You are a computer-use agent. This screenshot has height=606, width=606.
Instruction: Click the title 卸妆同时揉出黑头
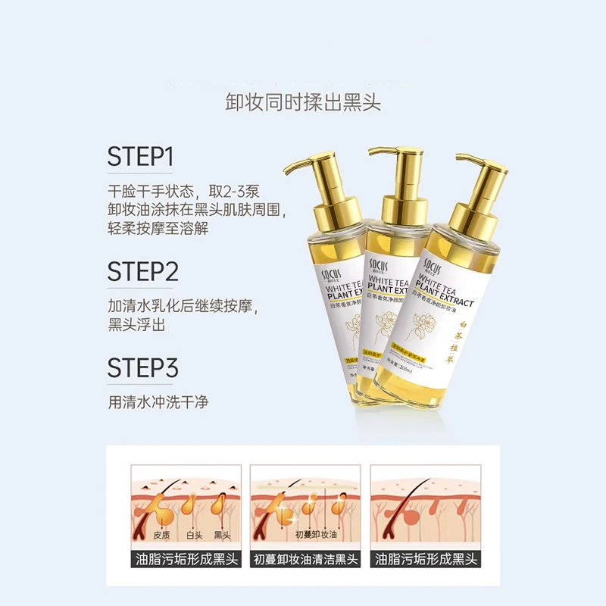pos(303,102)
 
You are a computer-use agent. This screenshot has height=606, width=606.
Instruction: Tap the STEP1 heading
pos(141,157)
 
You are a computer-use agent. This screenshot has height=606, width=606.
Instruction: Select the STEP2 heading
pos(142,270)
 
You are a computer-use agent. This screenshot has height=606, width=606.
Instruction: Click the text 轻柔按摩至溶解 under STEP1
pos(158,228)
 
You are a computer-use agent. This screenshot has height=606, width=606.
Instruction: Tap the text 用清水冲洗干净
pos(158,402)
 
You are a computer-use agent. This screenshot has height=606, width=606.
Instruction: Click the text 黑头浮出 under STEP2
pos(136,324)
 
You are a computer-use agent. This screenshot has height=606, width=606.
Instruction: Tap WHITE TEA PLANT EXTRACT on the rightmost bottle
pos(447,292)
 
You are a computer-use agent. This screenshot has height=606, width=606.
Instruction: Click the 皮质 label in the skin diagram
pos(161,535)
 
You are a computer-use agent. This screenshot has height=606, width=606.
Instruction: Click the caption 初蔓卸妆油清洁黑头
pos(305,560)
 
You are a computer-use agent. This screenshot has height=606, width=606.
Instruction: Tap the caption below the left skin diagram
pos(186,560)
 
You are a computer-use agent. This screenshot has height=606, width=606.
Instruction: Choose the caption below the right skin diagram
pos(425,560)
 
